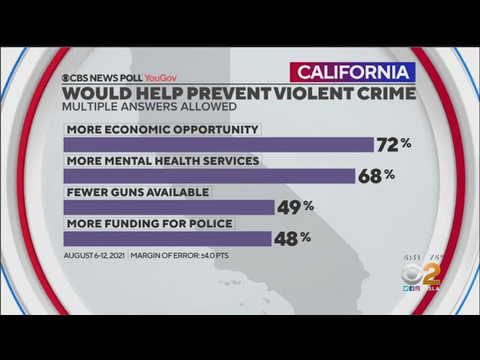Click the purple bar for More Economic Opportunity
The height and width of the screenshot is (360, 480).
(218, 145)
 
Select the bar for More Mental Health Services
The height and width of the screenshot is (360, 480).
(209, 176)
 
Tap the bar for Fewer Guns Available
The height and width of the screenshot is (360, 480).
(169, 207)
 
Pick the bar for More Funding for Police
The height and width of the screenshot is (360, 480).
(167, 238)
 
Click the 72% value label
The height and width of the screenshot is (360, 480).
(394, 145)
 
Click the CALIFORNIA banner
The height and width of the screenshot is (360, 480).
(352, 73)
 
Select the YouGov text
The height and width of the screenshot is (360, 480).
(162, 76)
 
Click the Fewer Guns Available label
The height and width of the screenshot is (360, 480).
(137, 192)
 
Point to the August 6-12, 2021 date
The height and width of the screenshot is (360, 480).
(94, 256)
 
